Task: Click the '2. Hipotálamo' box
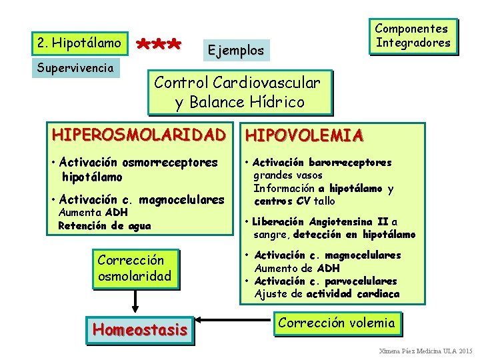[x=79, y=43]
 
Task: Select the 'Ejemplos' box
[x=235, y=50]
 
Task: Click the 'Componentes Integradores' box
[x=413, y=36]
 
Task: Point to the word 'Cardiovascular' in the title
[x=266, y=83]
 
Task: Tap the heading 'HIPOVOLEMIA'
[x=304, y=136]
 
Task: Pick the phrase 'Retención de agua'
[x=105, y=225]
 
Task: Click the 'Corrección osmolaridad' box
[x=135, y=267]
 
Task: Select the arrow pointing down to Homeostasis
[x=135, y=302]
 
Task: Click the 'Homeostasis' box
[x=140, y=329]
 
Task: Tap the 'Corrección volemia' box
[x=337, y=323]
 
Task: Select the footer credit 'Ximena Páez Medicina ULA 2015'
[x=425, y=351]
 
